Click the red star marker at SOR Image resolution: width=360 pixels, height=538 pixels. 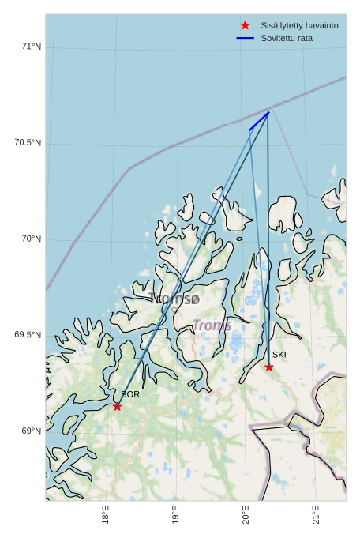117,406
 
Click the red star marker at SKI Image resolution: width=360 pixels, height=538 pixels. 269,367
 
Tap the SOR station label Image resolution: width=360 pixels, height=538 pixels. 130,393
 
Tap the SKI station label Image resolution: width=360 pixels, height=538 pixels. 279,355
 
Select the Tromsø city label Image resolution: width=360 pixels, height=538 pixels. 174,299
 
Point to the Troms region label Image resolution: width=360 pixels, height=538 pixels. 212,325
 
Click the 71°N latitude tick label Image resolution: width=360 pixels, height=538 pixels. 31,47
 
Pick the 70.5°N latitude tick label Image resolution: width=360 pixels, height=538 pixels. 28,142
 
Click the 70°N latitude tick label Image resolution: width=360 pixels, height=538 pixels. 31,239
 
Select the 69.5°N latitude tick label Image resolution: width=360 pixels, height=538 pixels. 28,335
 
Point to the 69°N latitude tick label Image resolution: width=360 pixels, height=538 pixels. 31,431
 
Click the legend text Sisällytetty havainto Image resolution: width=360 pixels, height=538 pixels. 299,25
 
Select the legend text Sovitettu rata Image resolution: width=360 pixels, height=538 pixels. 287,38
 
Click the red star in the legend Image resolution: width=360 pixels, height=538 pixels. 245,25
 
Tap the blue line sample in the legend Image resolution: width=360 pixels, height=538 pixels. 245,38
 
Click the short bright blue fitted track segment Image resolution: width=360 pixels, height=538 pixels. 259,121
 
